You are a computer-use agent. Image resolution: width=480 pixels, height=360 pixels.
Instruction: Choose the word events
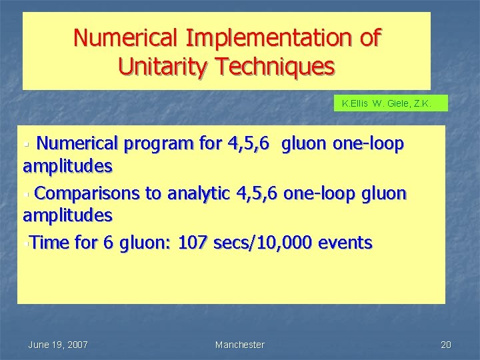point(345,243)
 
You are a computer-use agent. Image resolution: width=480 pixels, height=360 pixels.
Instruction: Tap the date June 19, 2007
point(58,345)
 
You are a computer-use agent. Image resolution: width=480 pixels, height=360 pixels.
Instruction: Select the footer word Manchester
point(239,345)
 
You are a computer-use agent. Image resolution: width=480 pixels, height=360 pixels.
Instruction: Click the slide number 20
point(446,345)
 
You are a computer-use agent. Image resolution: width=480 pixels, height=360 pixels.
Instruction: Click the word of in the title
point(369,38)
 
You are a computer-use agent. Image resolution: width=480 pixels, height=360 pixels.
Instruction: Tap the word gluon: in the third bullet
point(145,243)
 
